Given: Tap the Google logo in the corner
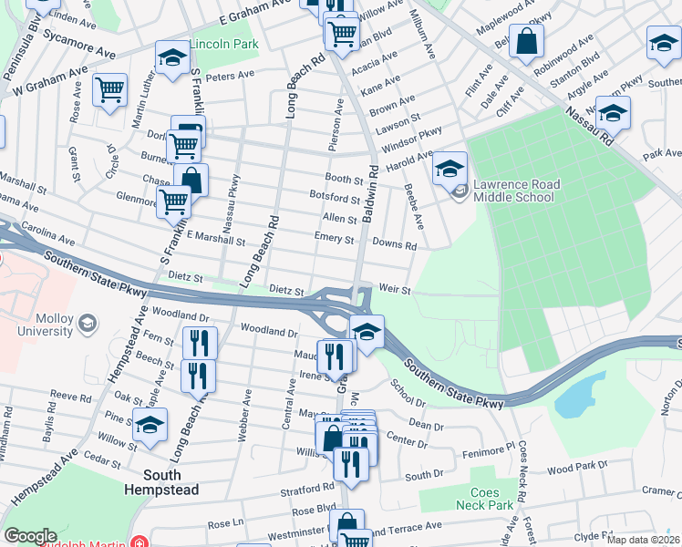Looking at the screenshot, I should (29, 536).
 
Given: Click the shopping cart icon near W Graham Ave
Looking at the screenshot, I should (109, 90).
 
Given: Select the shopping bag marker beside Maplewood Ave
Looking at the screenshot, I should (526, 41).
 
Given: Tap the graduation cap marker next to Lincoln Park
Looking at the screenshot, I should (170, 58).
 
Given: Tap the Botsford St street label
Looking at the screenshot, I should (335, 198).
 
